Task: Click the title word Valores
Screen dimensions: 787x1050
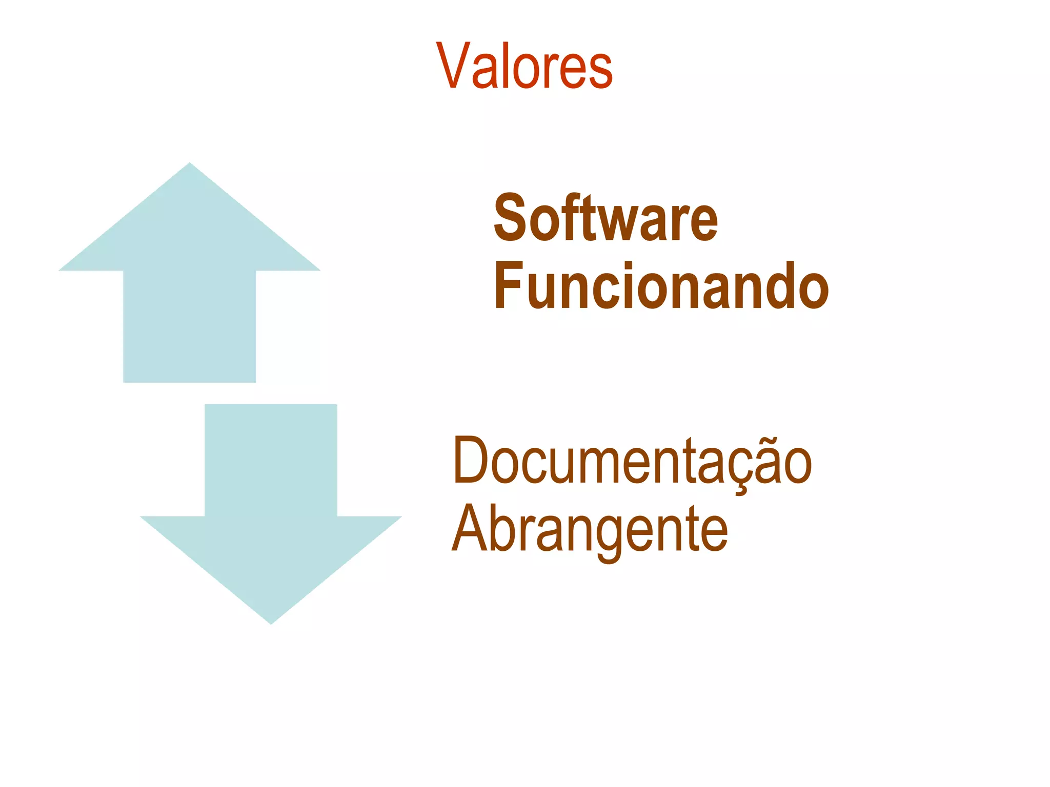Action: coord(524,67)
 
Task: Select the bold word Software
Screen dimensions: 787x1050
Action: coord(605,219)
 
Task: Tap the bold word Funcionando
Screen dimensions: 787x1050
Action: coord(661,286)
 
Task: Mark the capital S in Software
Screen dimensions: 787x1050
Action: coord(510,219)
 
